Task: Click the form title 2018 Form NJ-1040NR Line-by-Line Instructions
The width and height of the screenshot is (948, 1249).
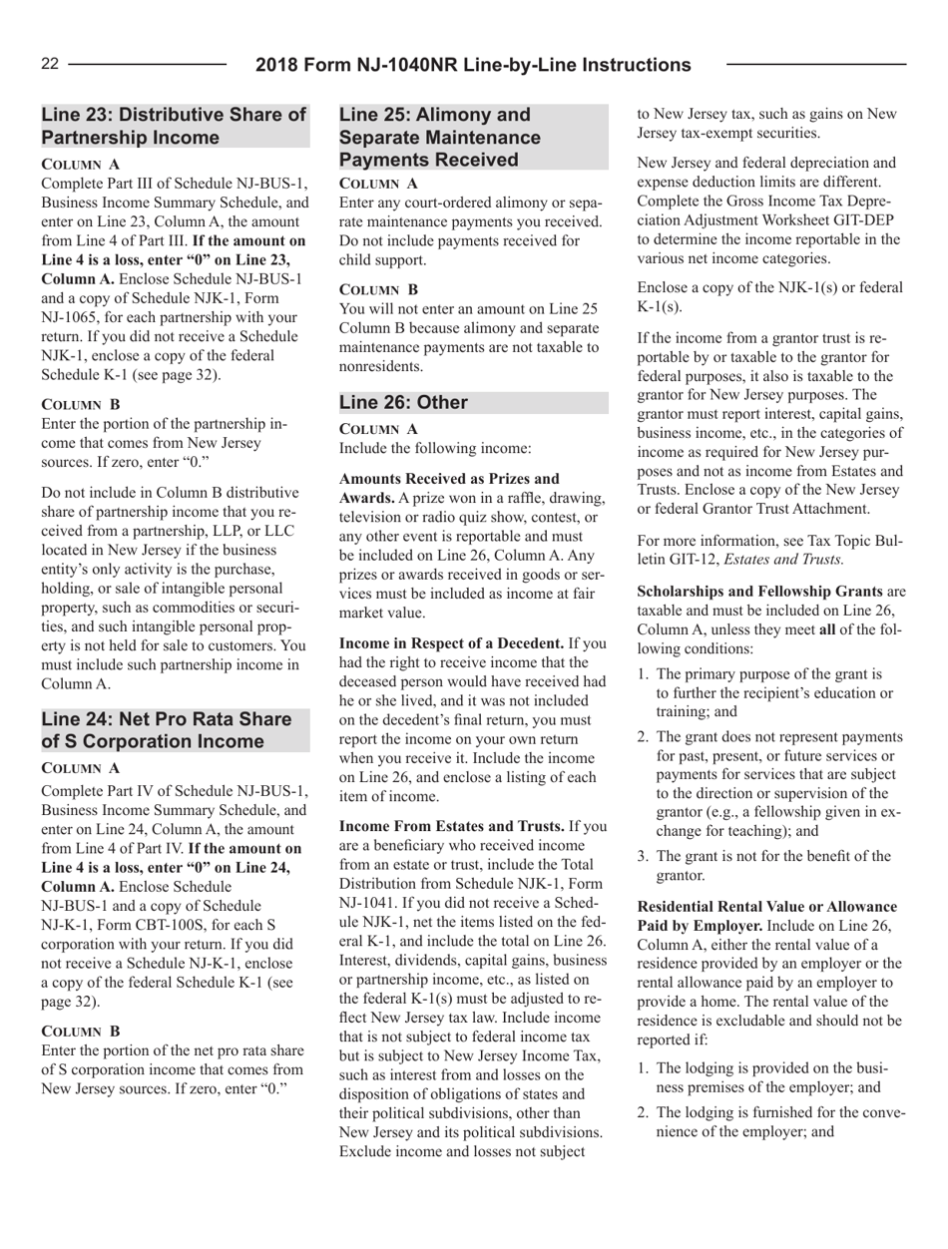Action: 473,65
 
